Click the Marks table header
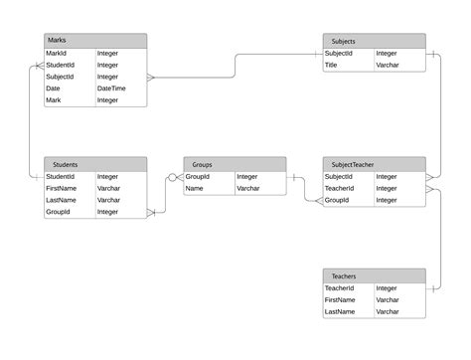tap(95, 41)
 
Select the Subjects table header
tap(374, 41)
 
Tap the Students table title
tap(95, 164)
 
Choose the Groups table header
tap(235, 164)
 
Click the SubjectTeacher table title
tap(374, 164)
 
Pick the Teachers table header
tap(374, 275)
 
